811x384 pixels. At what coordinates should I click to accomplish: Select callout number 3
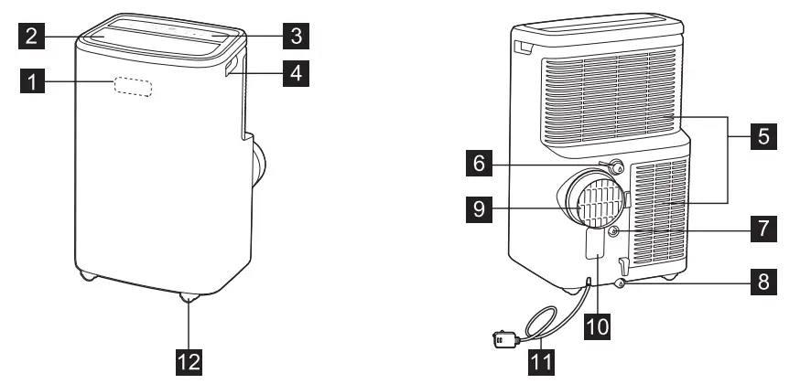point(293,37)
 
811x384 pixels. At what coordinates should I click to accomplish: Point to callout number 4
point(293,73)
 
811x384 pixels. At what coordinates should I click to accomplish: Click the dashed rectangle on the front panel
point(134,86)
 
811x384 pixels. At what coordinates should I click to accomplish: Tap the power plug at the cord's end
point(503,339)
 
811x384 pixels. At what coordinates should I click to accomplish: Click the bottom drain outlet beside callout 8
point(622,284)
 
